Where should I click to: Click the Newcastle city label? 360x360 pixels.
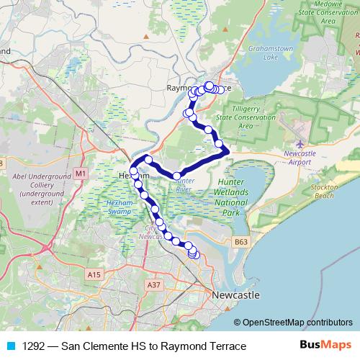[236, 296]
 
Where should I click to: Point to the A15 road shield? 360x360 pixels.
[93, 274]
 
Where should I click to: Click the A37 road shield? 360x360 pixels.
[153, 284]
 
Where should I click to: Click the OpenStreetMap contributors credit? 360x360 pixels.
[297, 322]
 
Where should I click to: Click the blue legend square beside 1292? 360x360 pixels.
[9, 346]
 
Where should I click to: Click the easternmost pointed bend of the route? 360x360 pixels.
[228, 150]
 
